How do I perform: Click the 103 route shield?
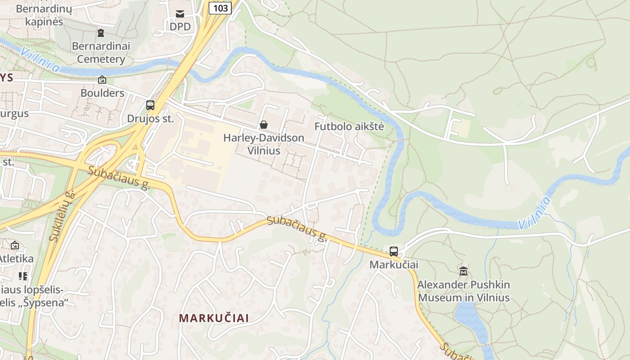(x=220, y=8)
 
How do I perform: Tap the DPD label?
(x=180, y=27)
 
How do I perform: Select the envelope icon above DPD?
(x=180, y=13)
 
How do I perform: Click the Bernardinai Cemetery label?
(x=101, y=53)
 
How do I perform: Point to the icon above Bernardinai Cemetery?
(x=101, y=32)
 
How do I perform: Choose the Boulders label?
(x=102, y=93)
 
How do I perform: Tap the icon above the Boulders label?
(x=102, y=80)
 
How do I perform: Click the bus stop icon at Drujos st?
(x=150, y=105)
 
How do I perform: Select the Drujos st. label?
(x=150, y=119)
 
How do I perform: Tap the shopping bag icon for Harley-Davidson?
(x=264, y=125)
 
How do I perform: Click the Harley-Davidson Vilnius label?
(x=264, y=144)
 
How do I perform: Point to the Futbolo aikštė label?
(x=349, y=126)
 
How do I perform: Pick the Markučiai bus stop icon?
(x=394, y=252)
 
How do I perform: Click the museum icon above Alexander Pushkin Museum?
(x=463, y=271)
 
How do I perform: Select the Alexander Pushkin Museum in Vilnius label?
(x=463, y=291)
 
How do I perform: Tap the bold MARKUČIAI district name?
(x=214, y=318)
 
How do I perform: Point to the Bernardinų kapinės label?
(x=40, y=15)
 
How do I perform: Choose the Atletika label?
(x=17, y=259)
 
